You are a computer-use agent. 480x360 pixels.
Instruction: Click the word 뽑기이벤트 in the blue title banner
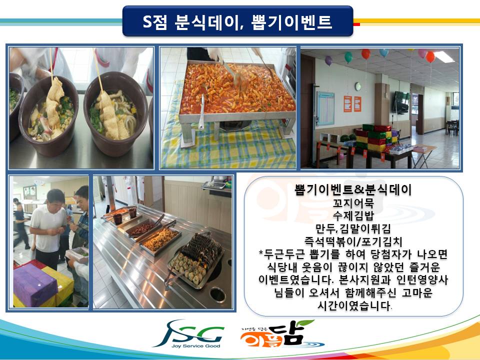tap(291, 21)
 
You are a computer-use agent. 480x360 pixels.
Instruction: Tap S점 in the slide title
tap(155, 21)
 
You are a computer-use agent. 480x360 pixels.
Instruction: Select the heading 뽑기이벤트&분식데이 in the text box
tap(353, 189)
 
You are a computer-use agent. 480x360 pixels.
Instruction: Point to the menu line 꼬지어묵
tap(353, 203)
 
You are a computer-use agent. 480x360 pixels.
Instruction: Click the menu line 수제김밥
tap(353, 215)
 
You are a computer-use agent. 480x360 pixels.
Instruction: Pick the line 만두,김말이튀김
tap(353, 228)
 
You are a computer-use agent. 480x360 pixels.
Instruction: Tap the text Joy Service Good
tap(195, 346)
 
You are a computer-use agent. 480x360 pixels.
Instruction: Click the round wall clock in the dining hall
tap(358, 86)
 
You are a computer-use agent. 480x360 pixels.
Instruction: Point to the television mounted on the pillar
tap(401, 102)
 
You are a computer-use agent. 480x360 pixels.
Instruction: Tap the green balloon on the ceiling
tap(348, 57)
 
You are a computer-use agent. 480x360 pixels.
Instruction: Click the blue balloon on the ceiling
tap(384, 52)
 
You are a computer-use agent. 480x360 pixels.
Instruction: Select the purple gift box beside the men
tap(34, 284)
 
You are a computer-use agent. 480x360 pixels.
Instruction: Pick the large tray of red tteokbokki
tap(237, 90)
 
